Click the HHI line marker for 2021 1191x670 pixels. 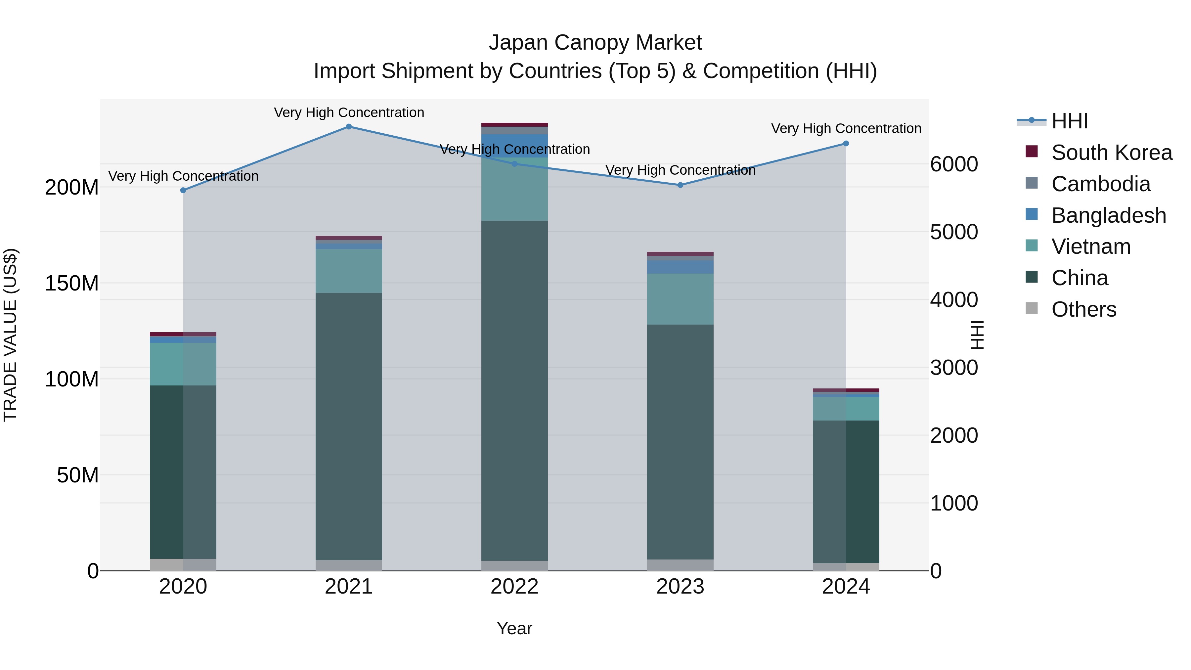click(x=349, y=127)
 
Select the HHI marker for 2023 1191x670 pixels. click(x=680, y=185)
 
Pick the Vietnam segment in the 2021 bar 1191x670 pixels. click(x=349, y=271)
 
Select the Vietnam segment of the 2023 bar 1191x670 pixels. click(x=680, y=299)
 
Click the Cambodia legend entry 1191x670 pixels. click(x=1100, y=184)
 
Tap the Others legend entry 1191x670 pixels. click(x=1083, y=309)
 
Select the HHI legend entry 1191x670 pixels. click(x=1069, y=121)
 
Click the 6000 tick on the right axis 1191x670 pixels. click(x=954, y=164)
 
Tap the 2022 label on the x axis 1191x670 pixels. click(x=514, y=587)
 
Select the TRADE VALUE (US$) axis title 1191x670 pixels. click(x=10, y=335)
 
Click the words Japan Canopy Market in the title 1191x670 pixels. click(x=595, y=43)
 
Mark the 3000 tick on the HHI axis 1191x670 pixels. click(x=954, y=368)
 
